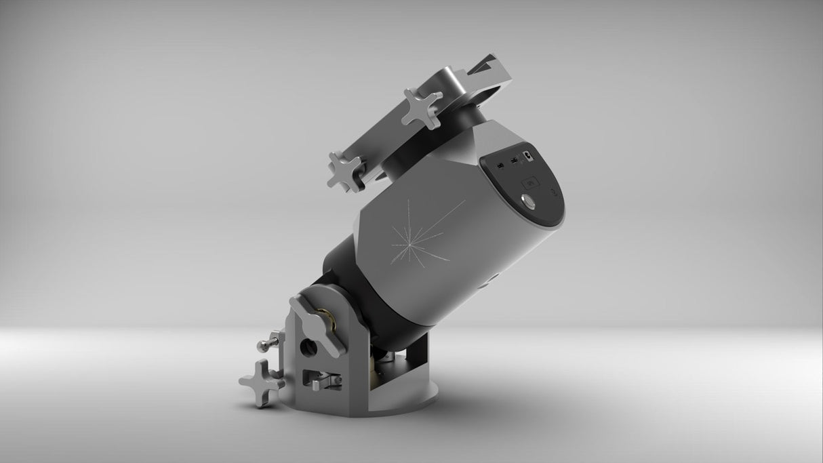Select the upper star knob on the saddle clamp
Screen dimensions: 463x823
click(x=421, y=108)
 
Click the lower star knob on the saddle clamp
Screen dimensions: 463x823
click(x=346, y=171)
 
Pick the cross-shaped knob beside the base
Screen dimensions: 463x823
click(x=261, y=380)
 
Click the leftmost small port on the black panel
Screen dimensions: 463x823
click(x=500, y=164)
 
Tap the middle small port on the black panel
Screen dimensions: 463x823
click(x=513, y=161)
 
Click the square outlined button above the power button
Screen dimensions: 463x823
click(x=529, y=182)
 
